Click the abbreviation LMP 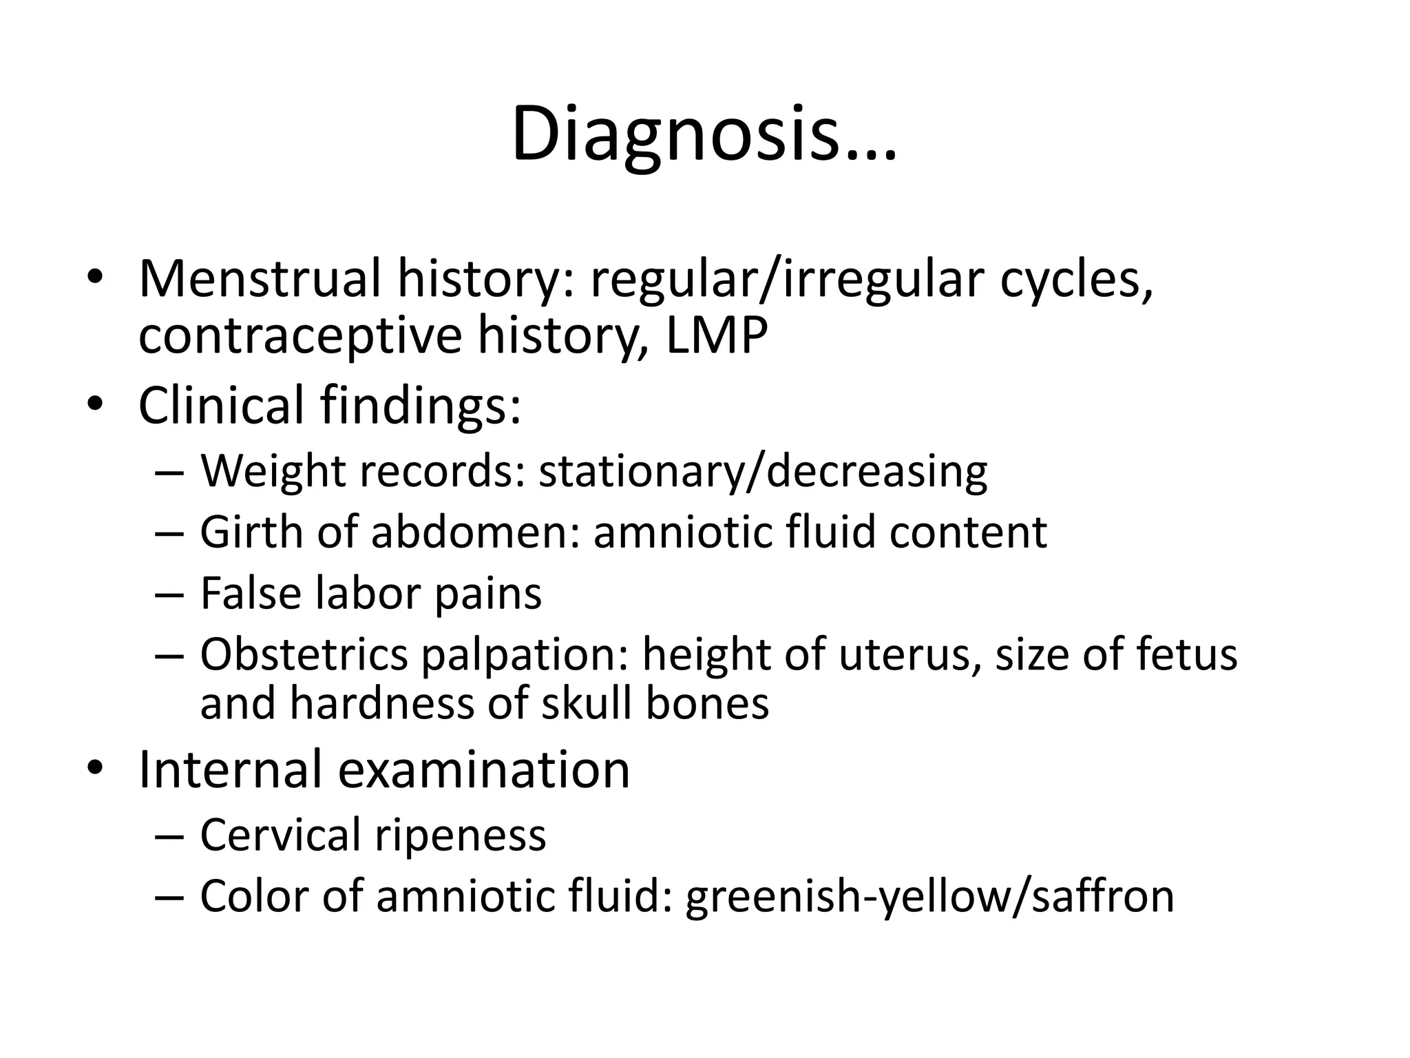pyautogui.click(x=716, y=335)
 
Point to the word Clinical pyautogui.click(x=221, y=405)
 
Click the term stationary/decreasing pyautogui.click(x=763, y=472)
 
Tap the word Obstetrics pyautogui.click(x=304, y=654)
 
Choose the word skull pyautogui.click(x=587, y=704)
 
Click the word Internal pyautogui.click(x=230, y=769)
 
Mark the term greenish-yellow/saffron pyautogui.click(x=929, y=897)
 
